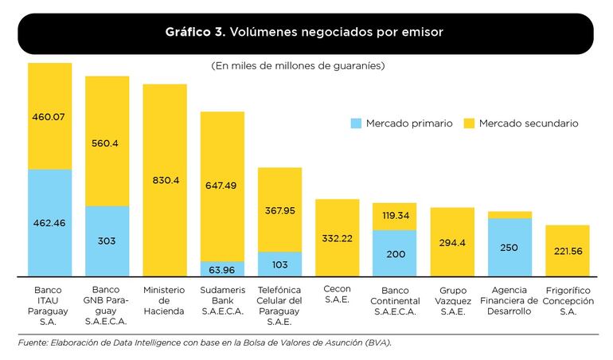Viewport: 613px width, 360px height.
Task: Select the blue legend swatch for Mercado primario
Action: pyautogui.click(x=356, y=123)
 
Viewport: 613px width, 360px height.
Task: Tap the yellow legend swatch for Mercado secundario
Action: pyautogui.click(x=469, y=123)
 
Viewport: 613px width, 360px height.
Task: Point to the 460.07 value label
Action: pyautogui.click(x=49, y=117)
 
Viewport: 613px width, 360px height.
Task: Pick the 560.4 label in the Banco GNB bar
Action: pyautogui.click(x=107, y=143)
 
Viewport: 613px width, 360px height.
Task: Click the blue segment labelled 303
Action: pyautogui.click(x=107, y=241)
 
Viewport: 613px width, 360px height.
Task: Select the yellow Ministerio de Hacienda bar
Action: pyautogui.click(x=165, y=180)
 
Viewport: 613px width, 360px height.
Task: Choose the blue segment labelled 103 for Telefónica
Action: pyautogui.click(x=279, y=264)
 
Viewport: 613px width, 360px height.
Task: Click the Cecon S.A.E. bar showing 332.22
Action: pyautogui.click(x=338, y=238)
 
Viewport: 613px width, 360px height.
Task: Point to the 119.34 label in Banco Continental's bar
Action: pyautogui.click(x=394, y=215)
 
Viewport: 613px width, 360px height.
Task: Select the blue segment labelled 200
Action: pyautogui.click(x=394, y=253)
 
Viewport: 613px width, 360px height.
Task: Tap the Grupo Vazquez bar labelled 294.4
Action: pyautogui.click(x=452, y=242)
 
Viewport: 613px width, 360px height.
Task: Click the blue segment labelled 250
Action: pyautogui.click(x=510, y=248)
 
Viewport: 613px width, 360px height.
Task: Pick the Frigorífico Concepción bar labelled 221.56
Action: pyautogui.click(x=567, y=251)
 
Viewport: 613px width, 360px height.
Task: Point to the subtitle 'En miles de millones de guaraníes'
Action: pyautogui.click(x=298, y=66)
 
